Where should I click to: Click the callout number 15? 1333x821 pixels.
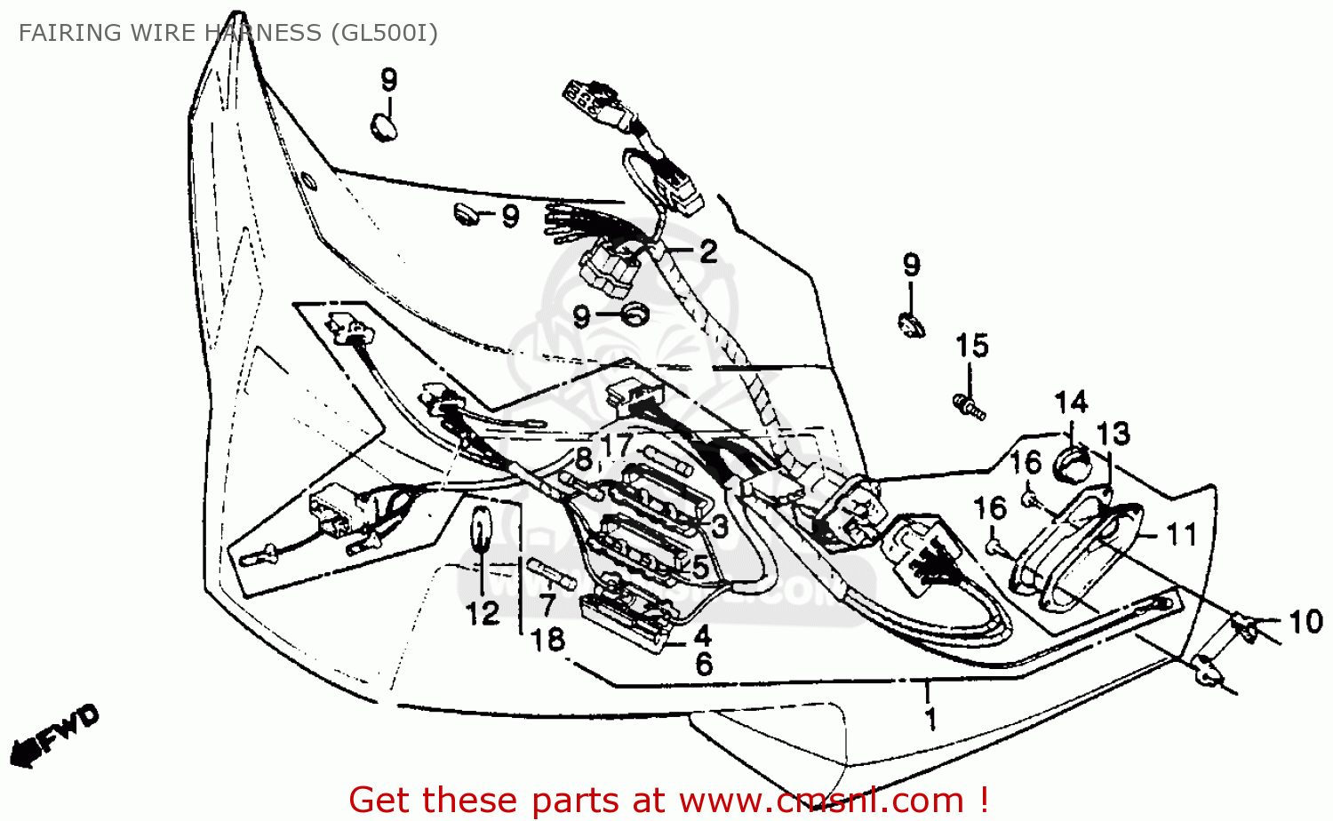(971, 346)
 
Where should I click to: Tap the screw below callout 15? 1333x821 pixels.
(968, 407)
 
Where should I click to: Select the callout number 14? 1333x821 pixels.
(1071, 403)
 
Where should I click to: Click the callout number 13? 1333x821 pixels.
(1113, 434)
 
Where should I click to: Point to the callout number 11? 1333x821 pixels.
(1181, 535)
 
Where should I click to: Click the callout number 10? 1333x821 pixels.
(1305, 622)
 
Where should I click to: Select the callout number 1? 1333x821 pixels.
(930, 718)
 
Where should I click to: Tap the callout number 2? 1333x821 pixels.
(707, 251)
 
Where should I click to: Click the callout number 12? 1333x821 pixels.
(483, 613)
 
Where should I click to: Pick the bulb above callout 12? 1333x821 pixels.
(481, 530)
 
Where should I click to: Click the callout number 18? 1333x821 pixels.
(547, 640)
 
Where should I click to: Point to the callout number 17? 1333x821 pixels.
(616, 444)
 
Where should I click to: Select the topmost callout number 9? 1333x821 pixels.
(388, 80)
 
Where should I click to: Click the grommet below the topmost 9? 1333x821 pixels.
(384, 126)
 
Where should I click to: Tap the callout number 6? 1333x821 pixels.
(704, 664)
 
